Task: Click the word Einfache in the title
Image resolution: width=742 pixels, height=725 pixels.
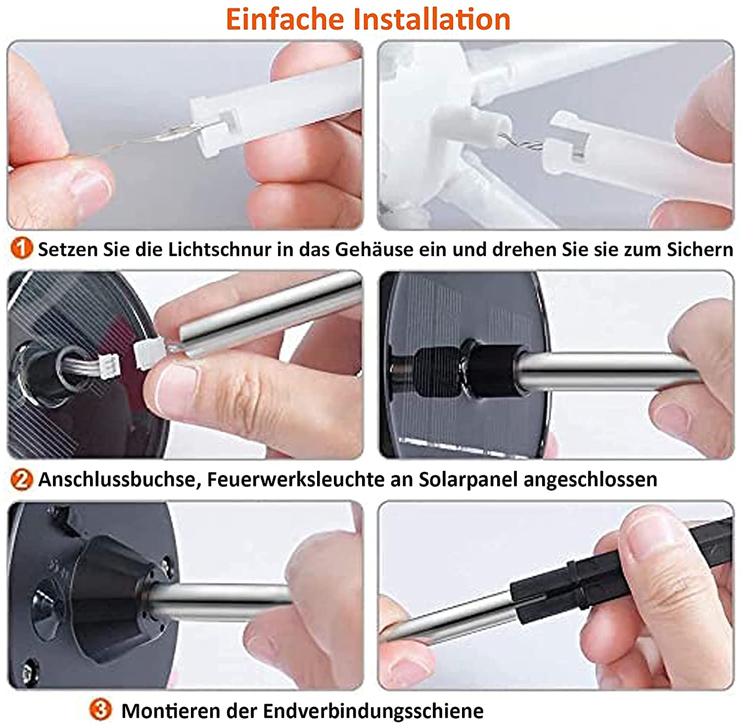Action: coord(285,19)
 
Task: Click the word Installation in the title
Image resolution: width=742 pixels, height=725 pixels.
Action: coord(432,19)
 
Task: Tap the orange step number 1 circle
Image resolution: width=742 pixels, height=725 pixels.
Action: coord(21,248)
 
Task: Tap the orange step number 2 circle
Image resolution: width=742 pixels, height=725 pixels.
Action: coord(21,479)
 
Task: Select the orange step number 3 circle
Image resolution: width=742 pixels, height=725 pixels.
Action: coord(101,710)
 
